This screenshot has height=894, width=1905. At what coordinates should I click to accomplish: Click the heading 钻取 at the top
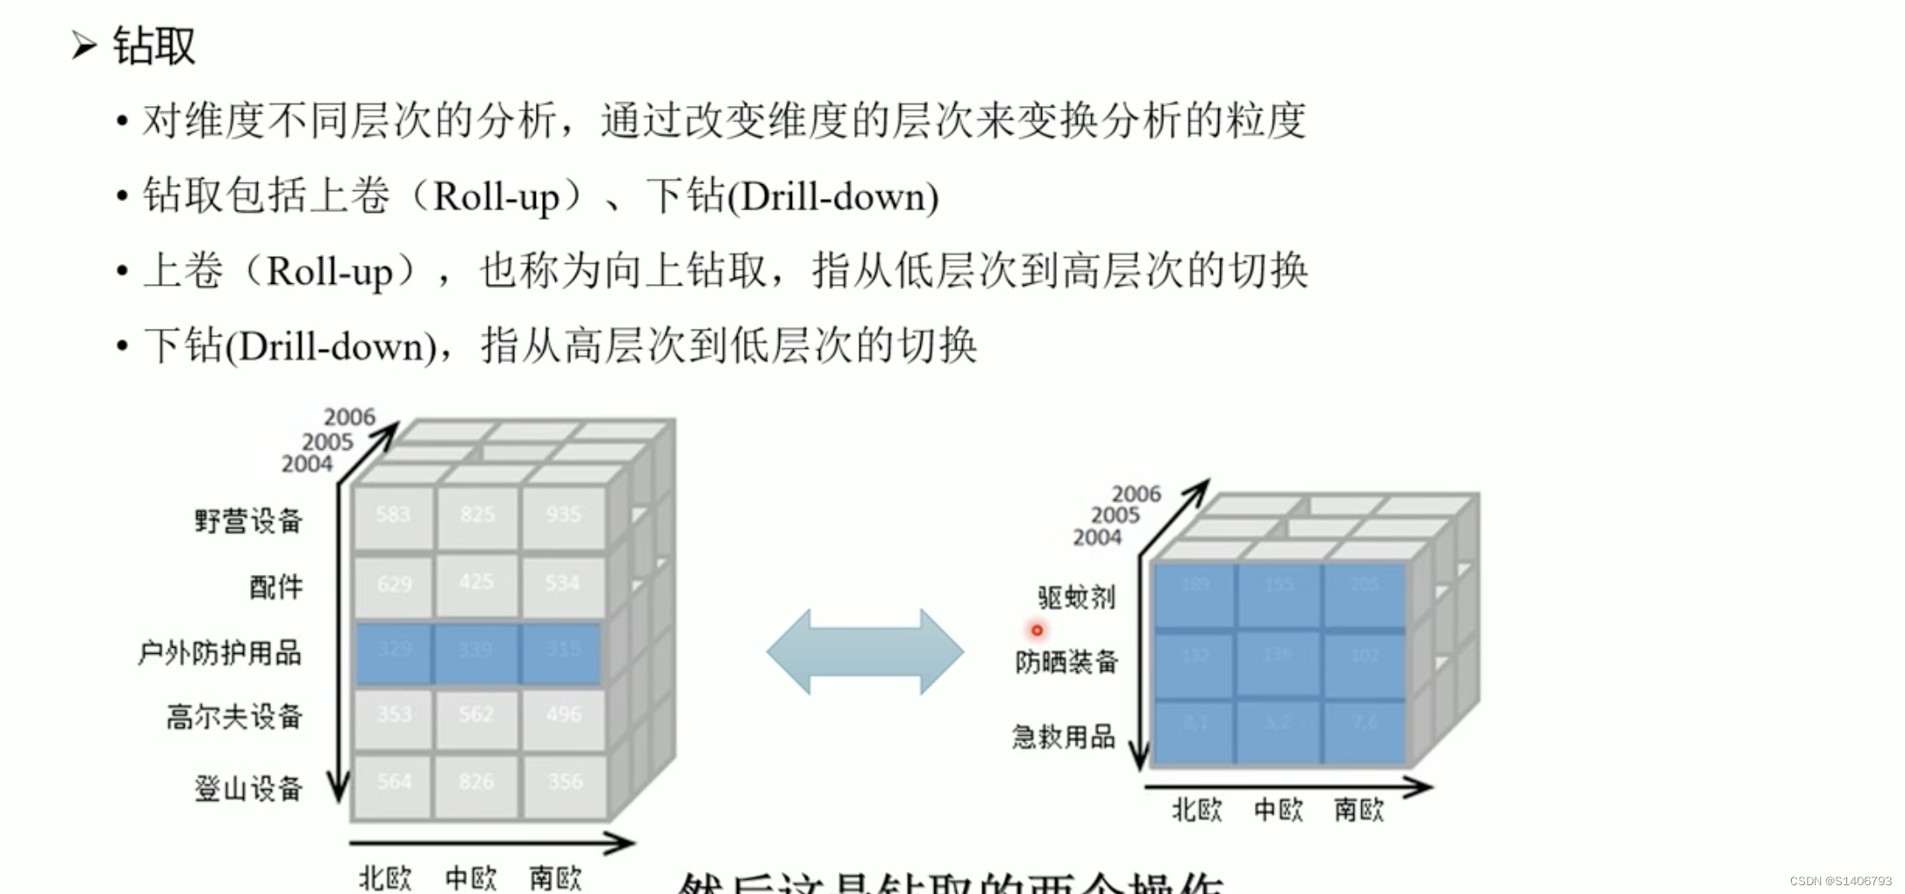click(153, 46)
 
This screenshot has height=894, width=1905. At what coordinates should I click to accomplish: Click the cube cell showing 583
click(393, 515)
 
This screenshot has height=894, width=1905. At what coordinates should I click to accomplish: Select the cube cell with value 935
click(563, 515)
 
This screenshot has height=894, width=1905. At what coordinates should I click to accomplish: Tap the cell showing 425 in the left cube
click(476, 583)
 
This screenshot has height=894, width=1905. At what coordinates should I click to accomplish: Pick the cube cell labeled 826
click(476, 782)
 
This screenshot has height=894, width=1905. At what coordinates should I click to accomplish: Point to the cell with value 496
click(563, 715)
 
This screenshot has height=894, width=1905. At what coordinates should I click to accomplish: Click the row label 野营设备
click(248, 521)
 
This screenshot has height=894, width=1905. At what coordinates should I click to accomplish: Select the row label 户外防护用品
click(219, 653)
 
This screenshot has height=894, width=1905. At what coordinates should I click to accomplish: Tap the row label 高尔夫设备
click(234, 717)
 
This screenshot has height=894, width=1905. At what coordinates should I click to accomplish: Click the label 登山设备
click(248, 789)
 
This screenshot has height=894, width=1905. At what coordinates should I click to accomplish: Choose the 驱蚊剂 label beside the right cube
click(1076, 598)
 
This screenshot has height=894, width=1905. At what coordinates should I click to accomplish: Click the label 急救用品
click(1063, 737)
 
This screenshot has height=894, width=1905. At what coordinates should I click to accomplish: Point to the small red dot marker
click(1037, 630)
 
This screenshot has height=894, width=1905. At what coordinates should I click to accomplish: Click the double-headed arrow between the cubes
click(865, 652)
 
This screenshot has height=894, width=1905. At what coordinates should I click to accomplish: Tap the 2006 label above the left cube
click(349, 417)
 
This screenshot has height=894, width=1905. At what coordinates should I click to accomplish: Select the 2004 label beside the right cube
click(1096, 537)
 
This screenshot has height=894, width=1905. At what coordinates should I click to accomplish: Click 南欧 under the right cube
click(1359, 810)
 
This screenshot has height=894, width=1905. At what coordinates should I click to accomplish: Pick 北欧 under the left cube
click(385, 877)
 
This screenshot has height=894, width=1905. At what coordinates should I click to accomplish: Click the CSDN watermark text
click(1840, 881)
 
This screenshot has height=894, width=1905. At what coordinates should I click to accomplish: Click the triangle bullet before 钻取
click(84, 45)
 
